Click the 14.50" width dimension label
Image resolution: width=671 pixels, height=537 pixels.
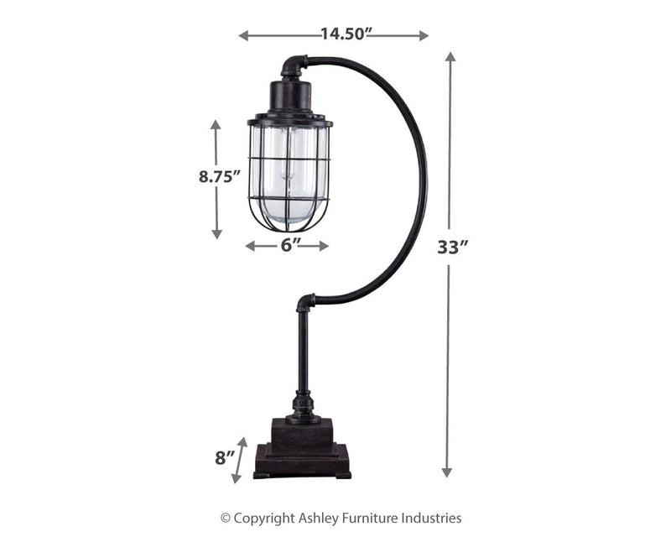coord(346,35)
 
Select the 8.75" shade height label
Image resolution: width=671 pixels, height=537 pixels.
coord(217,176)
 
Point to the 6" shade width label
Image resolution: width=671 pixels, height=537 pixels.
coord(287,245)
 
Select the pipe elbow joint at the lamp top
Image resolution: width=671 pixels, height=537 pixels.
coord(294,65)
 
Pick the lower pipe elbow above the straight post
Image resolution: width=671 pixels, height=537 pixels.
coord(305,301)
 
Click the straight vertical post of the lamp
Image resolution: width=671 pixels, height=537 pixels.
coord(303,352)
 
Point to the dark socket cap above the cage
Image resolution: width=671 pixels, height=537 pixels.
coord(289,96)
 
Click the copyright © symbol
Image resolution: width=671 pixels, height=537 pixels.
coord(225,519)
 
